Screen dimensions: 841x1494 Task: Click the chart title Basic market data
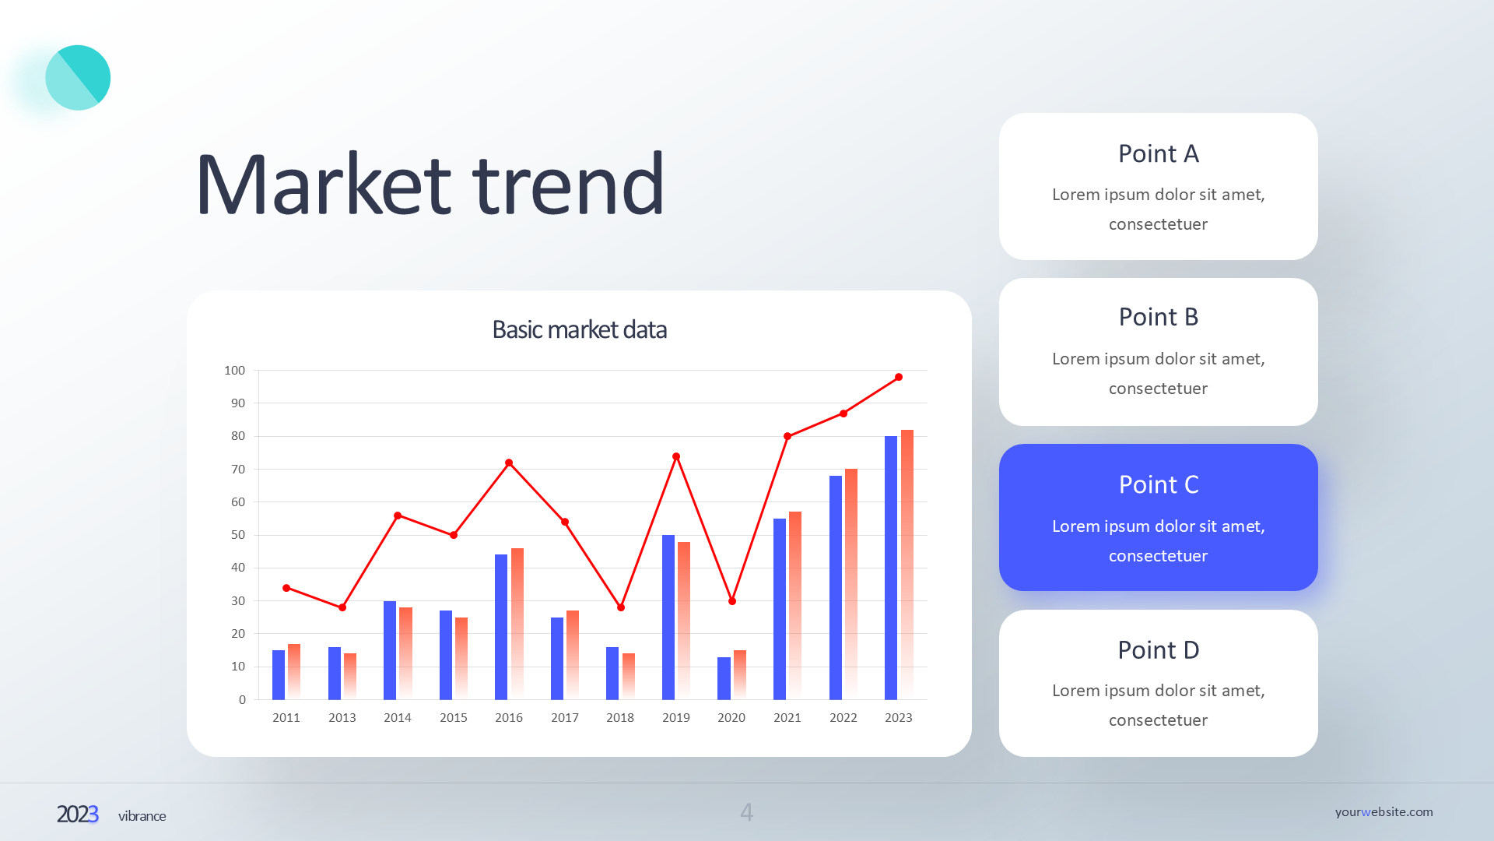tap(579, 329)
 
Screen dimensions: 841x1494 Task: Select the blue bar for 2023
tap(891, 568)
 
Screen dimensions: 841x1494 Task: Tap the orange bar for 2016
tap(517, 623)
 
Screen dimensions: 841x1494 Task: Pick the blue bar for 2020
tap(724, 678)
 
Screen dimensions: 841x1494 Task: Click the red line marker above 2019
tap(676, 456)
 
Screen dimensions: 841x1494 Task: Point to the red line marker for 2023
tap(899, 377)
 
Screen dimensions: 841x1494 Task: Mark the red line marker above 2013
tap(342, 607)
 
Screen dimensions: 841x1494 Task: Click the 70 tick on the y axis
tap(238, 469)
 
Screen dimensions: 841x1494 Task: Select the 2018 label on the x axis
tap(620, 717)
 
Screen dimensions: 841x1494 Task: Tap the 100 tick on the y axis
tap(234, 370)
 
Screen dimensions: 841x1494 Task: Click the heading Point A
tap(1158, 153)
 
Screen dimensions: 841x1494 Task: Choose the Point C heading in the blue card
tap(1158, 484)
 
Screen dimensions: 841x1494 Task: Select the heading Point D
tap(1158, 649)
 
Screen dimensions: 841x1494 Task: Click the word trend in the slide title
tap(568, 185)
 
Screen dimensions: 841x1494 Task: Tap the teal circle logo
tap(78, 78)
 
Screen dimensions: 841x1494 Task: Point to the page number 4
tap(746, 812)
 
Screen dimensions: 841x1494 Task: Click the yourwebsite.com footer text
tap(1384, 811)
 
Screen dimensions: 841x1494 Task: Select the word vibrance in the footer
tap(142, 816)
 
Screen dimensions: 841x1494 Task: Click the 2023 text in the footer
tap(77, 814)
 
